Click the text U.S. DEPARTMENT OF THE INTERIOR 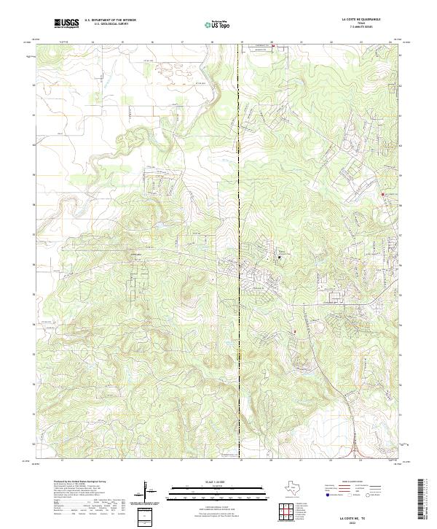pyautogui.click(x=111, y=20)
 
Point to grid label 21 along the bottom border pyautogui.click(x=300, y=460)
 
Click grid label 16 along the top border pyautogui.click(x=151, y=42)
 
